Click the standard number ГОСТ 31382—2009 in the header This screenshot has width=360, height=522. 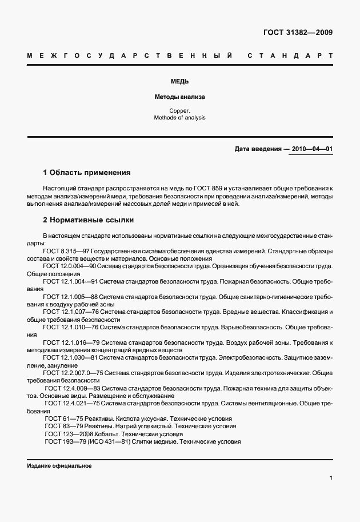coord(298,32)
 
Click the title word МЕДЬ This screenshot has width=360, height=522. coord(179,82)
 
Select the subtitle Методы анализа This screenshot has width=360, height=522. coord(179,97)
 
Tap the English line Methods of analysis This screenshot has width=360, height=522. coord(179,118)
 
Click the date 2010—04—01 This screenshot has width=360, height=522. coord(312,149)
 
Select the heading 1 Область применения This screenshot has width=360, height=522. coord(87,172)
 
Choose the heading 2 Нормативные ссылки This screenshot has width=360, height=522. coord(89,220)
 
